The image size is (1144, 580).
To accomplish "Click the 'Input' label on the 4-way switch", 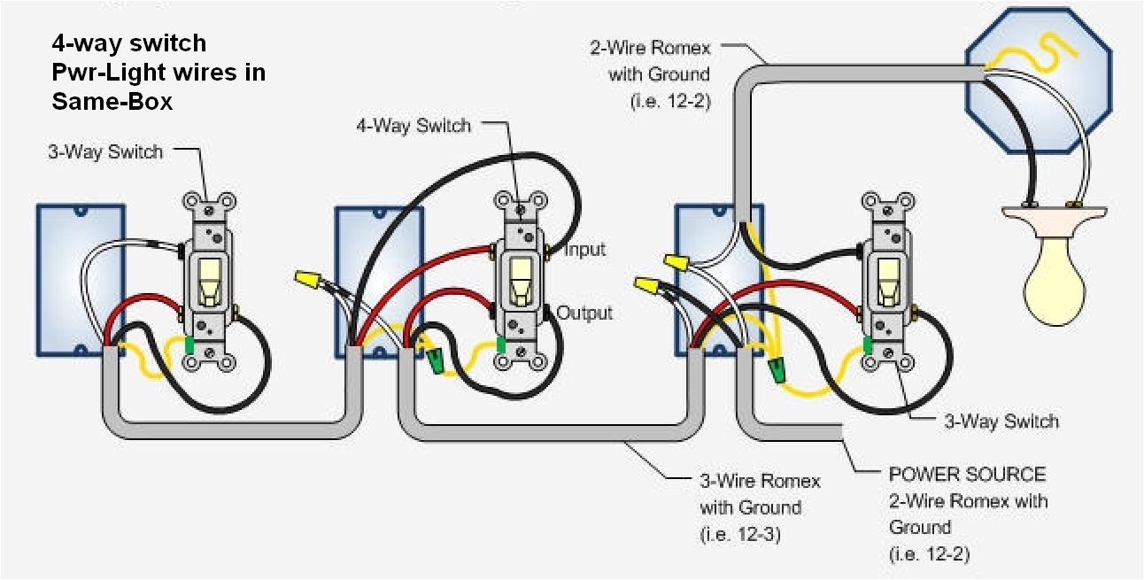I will tap(584, 250).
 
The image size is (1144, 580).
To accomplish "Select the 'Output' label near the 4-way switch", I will tap(584, 313).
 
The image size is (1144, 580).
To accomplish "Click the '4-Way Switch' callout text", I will tap(413, 126).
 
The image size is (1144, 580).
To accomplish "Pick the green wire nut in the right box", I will tap(777, 368).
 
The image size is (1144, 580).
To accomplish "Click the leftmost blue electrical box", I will tap(80, 281).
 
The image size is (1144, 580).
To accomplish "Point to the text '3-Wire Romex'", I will tap(760, 481).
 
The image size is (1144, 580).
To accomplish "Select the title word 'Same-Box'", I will tap(112, 102).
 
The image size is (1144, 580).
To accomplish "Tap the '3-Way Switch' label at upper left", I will tap(105, 152).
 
